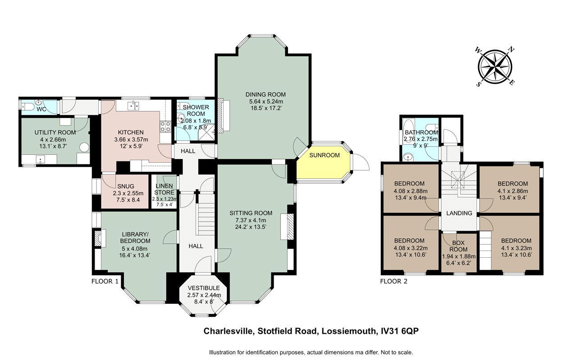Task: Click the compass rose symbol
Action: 495,70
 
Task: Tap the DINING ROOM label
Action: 266,95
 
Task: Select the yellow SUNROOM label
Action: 324,155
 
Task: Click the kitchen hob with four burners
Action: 165,127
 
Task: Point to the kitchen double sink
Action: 133,105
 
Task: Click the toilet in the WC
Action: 27,106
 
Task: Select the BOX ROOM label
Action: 458,246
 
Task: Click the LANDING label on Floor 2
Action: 459,213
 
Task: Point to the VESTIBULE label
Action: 204,288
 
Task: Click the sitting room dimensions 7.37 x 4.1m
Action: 251,220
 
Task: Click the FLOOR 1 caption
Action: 105,281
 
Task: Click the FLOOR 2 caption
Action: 394,282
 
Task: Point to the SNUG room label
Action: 126,186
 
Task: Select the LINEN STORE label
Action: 165,189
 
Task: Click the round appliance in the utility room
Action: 84,147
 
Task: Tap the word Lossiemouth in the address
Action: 348,331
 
